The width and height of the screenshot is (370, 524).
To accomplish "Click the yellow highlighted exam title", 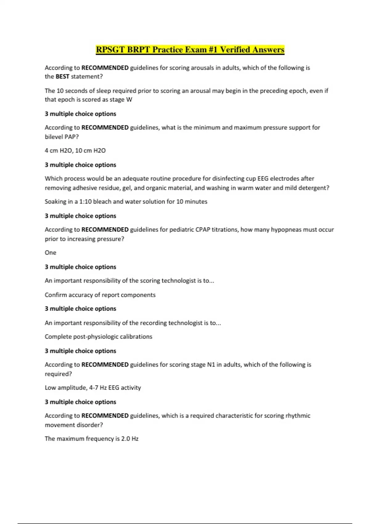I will pos(190,50).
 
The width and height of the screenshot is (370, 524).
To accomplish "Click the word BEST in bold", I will pos(62,76).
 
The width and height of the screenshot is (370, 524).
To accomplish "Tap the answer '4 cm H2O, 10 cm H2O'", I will pos(75,150).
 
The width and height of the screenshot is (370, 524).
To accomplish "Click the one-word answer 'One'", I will pos(51,253).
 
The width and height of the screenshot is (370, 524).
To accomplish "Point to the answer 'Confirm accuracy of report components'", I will pos(100,295).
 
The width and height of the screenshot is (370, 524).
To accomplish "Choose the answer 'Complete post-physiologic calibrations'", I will pos(99,337).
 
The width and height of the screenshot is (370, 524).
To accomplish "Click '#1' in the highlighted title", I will pos(213,50).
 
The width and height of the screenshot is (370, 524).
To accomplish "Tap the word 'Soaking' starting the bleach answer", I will pos(55,202).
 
